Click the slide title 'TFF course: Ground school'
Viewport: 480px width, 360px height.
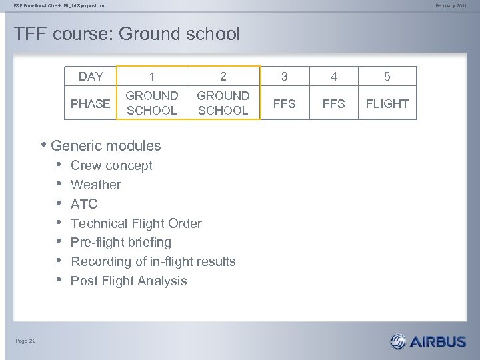pos(127,34)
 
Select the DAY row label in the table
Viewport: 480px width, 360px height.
pos(91,77)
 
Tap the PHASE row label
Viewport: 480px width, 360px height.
pos(91,103)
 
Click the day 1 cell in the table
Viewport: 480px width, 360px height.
pos(152,77)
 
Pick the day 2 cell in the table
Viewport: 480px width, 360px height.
pos(223,77)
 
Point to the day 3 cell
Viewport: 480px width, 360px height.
pos(285,77)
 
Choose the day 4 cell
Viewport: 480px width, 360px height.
pos(334,77)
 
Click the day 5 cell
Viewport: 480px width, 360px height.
pos(387,77)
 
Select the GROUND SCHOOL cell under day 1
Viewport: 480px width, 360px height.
pos(152,103)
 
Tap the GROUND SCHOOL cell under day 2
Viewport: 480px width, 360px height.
pos(223,103)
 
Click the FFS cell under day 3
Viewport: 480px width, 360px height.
pos(285,103)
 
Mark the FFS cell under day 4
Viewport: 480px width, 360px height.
pos(334,103)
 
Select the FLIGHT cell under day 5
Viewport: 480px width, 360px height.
pos(387,103)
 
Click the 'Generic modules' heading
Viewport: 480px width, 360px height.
pos(105,145)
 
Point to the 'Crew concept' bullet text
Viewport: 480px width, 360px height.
pos(111,165)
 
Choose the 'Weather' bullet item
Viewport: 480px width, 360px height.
pos(96,185)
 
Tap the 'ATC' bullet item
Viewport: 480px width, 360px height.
pos(84,204)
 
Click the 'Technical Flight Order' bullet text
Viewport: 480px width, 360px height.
pos(136,223)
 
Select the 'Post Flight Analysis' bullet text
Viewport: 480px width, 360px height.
pos(129,281)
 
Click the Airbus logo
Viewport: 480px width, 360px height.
pos(428,341)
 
